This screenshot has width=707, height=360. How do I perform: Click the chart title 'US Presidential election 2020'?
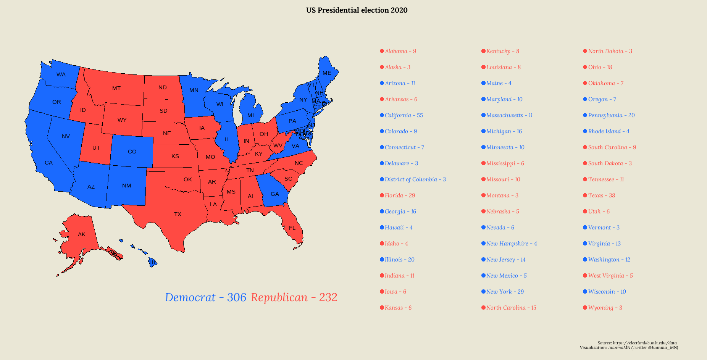(357, 10)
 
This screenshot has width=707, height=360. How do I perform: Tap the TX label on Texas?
(178, 214)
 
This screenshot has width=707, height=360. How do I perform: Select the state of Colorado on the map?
(132, 152)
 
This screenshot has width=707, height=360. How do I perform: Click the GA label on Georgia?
(275, 194)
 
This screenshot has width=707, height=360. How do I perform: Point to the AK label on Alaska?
(82, 234)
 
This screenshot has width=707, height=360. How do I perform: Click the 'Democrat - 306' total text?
(205, 297)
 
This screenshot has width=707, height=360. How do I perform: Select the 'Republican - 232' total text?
(294, 297)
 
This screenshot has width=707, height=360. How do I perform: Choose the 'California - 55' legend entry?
(404, 115)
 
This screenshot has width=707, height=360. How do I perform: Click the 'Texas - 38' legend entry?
(601, 195)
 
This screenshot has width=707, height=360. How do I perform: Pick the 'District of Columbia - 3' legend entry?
(415, 179)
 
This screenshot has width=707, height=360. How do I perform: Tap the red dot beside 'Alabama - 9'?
(382, 51)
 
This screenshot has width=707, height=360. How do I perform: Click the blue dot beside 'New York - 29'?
(483, 292)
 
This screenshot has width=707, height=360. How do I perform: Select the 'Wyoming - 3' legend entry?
(605, 308)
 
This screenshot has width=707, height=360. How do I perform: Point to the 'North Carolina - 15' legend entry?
(511, 308)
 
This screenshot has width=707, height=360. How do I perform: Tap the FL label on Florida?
(292, 228)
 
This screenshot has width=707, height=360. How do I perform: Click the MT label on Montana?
(116, 88)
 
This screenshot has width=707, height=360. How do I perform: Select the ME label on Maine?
(327, 73)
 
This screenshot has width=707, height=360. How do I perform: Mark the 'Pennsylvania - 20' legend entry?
(611, 115)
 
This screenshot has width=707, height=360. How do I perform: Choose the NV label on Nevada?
(66, 136)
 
